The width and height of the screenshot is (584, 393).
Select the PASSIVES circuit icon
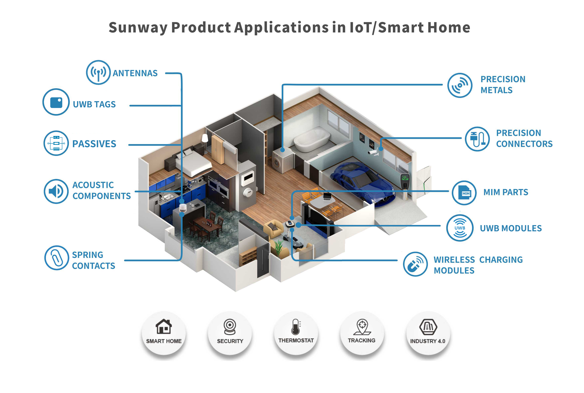coord(56,143)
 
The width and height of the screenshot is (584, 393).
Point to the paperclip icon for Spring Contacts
coord(57,258)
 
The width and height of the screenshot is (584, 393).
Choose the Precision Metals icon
coord(460,86)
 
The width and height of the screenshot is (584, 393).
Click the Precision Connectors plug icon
coord(477,139)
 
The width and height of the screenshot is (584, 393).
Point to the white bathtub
coord(312,139)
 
